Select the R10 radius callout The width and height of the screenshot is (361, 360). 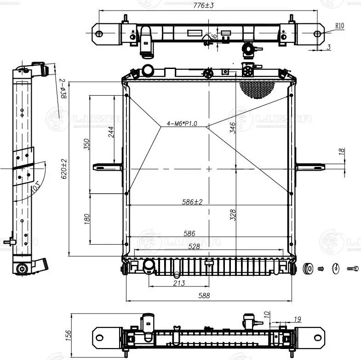(339, 26)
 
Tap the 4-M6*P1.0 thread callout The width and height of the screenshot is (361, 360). (182, 124)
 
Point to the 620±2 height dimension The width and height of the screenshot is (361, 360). (64, 169)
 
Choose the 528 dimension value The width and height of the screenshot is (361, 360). (194, 246)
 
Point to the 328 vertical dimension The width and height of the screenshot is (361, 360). (233, 214)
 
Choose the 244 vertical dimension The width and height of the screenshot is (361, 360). (111, 132)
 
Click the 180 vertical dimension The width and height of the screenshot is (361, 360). (87, 219)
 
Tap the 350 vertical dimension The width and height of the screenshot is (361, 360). (87, 144)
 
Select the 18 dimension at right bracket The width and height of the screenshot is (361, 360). (341, 151)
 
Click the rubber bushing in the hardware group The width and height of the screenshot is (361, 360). (309, 268)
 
